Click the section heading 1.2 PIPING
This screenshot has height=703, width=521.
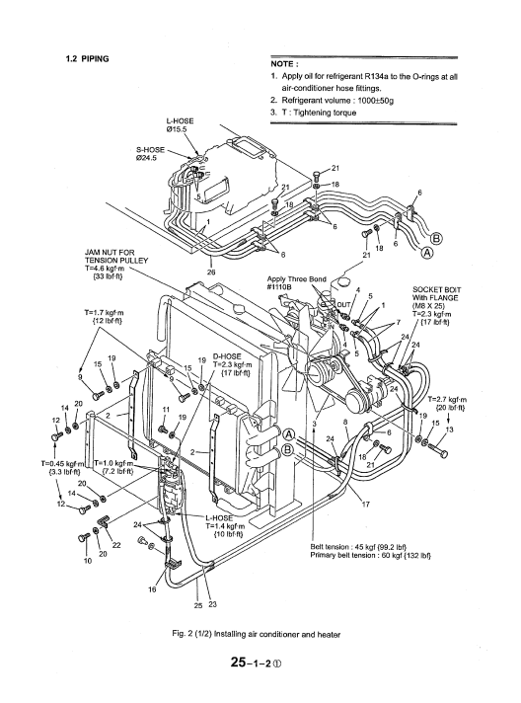click(88, 58)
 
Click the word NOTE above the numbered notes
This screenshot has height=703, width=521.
click(282, 64)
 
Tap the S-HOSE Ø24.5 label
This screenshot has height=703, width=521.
click(150, 154)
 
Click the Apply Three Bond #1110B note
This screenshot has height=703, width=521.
click(297, 283)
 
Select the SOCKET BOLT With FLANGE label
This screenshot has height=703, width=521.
click(436, 293)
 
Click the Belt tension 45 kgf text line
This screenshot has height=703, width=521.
click(358, 547)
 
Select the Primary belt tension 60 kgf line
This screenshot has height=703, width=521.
click(370, 556)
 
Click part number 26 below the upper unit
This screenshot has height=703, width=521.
click(211, 272)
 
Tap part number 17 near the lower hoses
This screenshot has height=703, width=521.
click(365, 505)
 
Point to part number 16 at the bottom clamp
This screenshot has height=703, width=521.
click(152, 589)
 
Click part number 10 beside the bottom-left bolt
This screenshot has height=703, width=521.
click(88, 561)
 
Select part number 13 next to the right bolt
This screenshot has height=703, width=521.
click(449, 430)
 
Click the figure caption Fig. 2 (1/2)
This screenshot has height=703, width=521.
click(256, 634)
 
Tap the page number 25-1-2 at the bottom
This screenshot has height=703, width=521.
click(257, 663)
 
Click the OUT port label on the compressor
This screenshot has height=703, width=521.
click(344, 305)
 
